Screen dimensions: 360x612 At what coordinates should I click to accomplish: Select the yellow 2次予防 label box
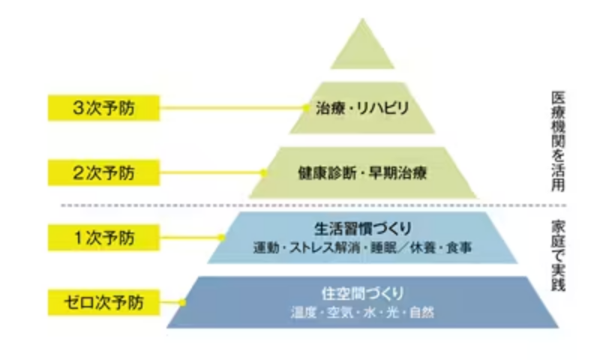point(103,173)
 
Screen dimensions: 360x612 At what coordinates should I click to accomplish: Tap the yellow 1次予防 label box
point(103,238)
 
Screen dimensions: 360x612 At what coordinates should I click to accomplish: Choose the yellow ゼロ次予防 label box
point(103,303)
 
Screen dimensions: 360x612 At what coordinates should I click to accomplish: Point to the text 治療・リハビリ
point(362,109)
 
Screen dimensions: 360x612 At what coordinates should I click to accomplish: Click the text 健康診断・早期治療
point(362,173)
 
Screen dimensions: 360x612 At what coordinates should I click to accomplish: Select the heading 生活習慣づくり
point(362,226)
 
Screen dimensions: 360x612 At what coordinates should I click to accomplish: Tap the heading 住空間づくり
point(362,292)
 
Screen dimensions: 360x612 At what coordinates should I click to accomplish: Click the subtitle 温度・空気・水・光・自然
point(362,311)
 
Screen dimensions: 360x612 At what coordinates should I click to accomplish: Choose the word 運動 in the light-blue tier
point(265,247)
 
